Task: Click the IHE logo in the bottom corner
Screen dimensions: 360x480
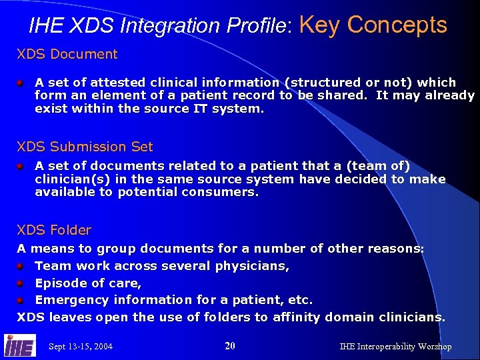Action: point(20,345)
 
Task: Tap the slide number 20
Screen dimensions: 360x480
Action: point(230,346)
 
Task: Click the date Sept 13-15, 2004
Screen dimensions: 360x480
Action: point(81,347)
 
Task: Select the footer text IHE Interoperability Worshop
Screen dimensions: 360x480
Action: point(395,347)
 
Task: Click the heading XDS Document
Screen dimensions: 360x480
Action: point(67,54)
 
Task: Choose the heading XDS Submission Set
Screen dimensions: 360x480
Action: point(85,147)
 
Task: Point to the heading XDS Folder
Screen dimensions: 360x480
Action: point(54,230)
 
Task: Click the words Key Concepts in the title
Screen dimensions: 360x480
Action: point(373,25)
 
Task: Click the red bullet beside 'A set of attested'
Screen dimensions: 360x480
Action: point(21,83)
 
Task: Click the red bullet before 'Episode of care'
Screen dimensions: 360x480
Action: point(21,283)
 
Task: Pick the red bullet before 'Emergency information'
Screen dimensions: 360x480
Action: point(21,300)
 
